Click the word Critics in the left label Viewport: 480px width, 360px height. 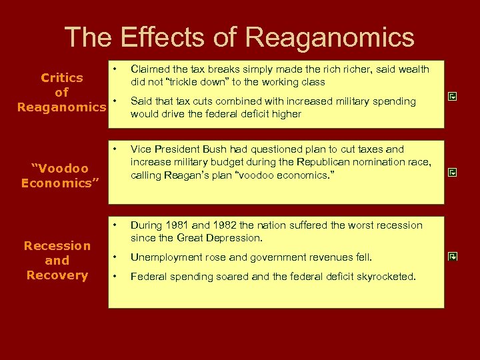tap(62, 78)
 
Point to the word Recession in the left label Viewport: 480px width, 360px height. tap(57, 246)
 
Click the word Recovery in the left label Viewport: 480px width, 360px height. tap(57, 275)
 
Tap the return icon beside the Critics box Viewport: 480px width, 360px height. tap(452, 97)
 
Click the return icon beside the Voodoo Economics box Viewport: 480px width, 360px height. tap(452, 173)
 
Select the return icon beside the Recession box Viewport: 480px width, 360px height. tap(452, 255)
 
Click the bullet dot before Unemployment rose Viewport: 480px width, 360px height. tap(115, 257)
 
